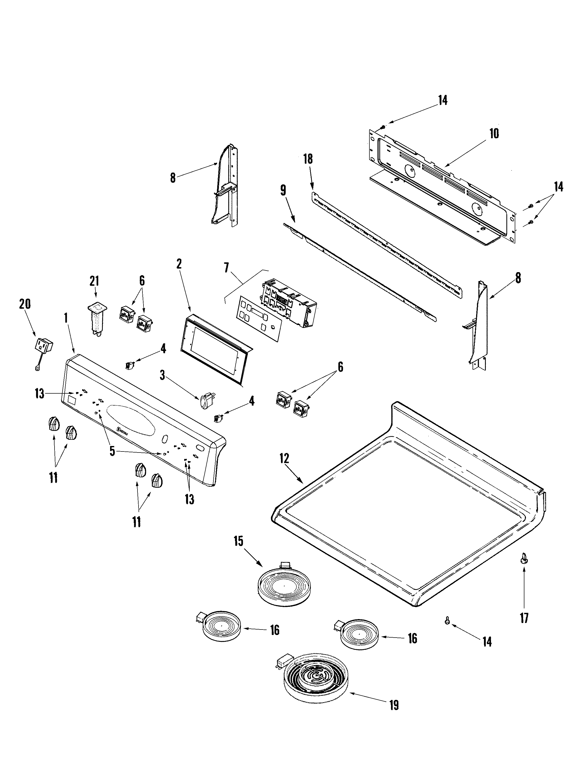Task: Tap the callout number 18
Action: [x=308, y=159]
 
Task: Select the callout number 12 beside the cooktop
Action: [x=284, y=459]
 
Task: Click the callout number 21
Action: [x=94, y=282]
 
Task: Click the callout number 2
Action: [x=179, y=264]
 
